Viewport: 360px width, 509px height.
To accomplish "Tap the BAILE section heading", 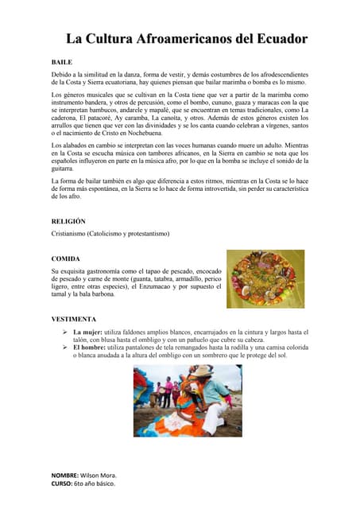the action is coord(61,61).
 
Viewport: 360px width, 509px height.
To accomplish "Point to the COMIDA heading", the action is coord(65,258).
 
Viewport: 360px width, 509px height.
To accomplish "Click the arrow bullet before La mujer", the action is coord(64,331).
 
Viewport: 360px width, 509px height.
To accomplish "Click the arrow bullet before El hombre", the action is coord(64,348).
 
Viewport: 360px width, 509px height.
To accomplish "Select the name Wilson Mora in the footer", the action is coord(99,474).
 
